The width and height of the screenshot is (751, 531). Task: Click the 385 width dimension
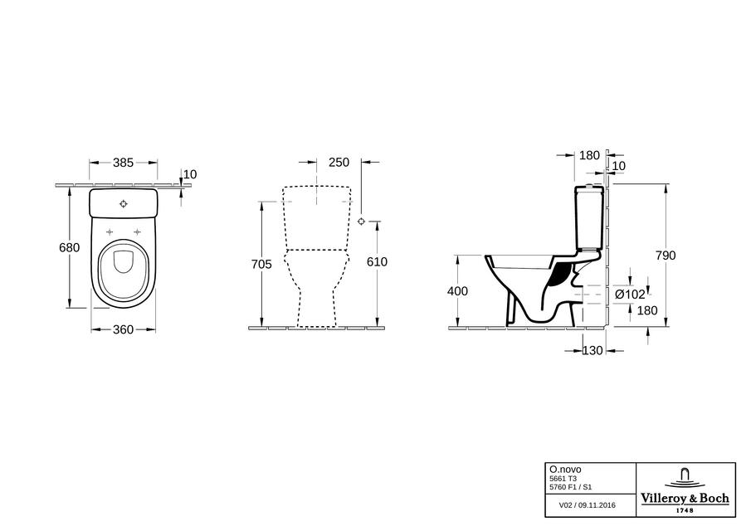coord(123,163)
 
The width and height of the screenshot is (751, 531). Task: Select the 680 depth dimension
coord(69,247)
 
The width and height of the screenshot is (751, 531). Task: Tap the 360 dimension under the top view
coord(123,329)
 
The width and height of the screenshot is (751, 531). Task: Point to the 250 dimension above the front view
coord(339,163)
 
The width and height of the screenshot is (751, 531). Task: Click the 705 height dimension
coord(261,264)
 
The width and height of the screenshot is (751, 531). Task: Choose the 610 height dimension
coord(377,262)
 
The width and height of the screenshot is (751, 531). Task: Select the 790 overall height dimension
coord(666,256)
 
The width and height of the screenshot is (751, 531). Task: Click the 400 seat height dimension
coord(457,290)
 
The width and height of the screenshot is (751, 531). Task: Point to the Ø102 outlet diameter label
coord(630,295)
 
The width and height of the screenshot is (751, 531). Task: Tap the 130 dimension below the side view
coord(593,350)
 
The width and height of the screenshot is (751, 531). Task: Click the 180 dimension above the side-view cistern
coord(589,155)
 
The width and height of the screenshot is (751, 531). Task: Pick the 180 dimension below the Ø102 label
coord(647,310)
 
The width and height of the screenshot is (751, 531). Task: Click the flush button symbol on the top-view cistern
coord(124,203)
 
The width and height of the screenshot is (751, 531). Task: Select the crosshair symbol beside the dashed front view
coord(362,222)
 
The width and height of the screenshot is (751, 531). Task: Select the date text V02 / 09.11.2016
coord(588,504)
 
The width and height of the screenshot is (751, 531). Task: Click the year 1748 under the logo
coord(685,510)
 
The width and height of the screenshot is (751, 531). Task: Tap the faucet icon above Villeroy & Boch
coord(685,476)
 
